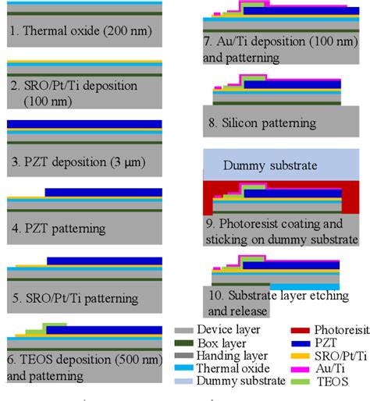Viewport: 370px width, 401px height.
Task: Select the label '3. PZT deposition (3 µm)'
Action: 75,163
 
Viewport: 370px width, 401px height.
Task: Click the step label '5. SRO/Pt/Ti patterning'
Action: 74,297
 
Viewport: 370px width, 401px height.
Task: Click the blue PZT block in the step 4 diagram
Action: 103,192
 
